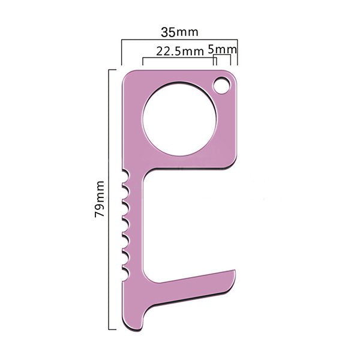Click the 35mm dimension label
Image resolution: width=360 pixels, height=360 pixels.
[179, 32]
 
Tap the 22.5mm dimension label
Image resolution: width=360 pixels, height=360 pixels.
[180, 51]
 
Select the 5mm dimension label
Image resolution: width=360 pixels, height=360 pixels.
[222, 49]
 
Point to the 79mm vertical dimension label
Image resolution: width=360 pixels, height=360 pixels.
[100, 199]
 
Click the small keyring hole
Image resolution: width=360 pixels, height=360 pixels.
[221, 86]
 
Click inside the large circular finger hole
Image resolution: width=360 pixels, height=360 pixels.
[179, 119]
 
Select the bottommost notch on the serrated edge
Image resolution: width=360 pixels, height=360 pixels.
[125, 274]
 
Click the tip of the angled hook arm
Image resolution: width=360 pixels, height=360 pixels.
[235, 271]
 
